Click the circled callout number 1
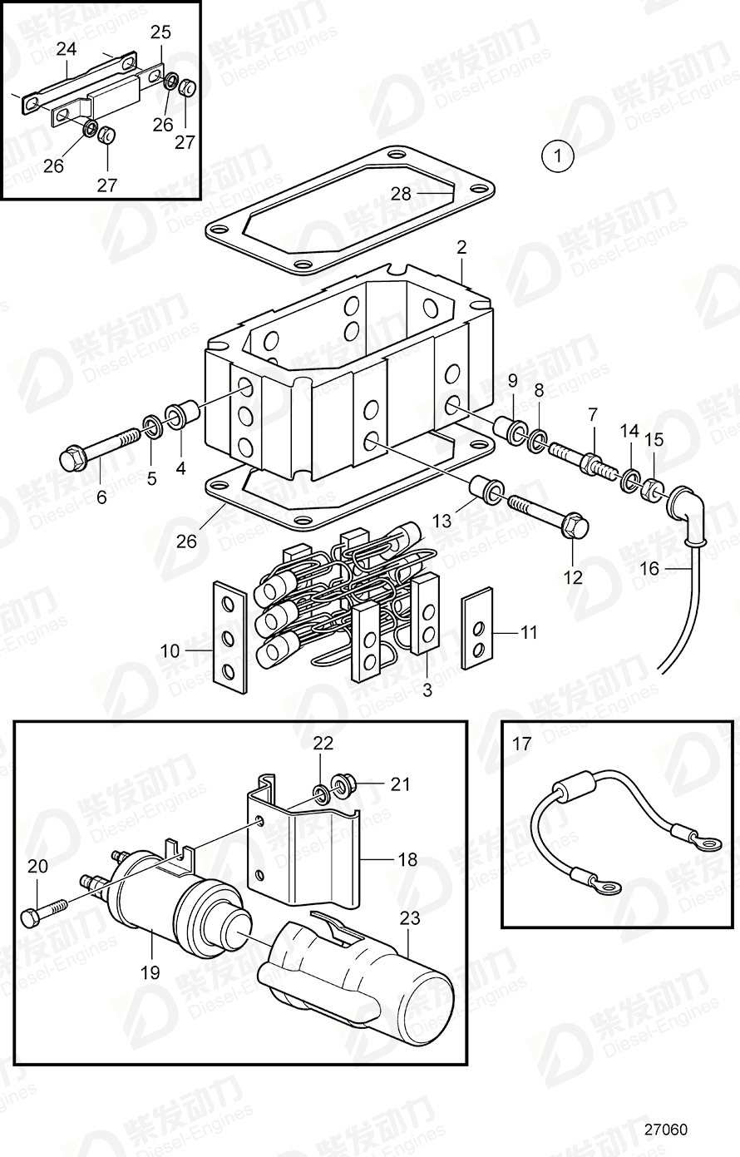coord(557,155)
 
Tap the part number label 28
coord(401,194)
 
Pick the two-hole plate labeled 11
coord(476,633)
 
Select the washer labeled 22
coord(320,789)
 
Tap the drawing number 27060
coord(664,1130)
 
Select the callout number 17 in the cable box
coord(521,744)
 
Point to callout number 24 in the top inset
coord(66,50)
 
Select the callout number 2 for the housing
coord(461,247)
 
